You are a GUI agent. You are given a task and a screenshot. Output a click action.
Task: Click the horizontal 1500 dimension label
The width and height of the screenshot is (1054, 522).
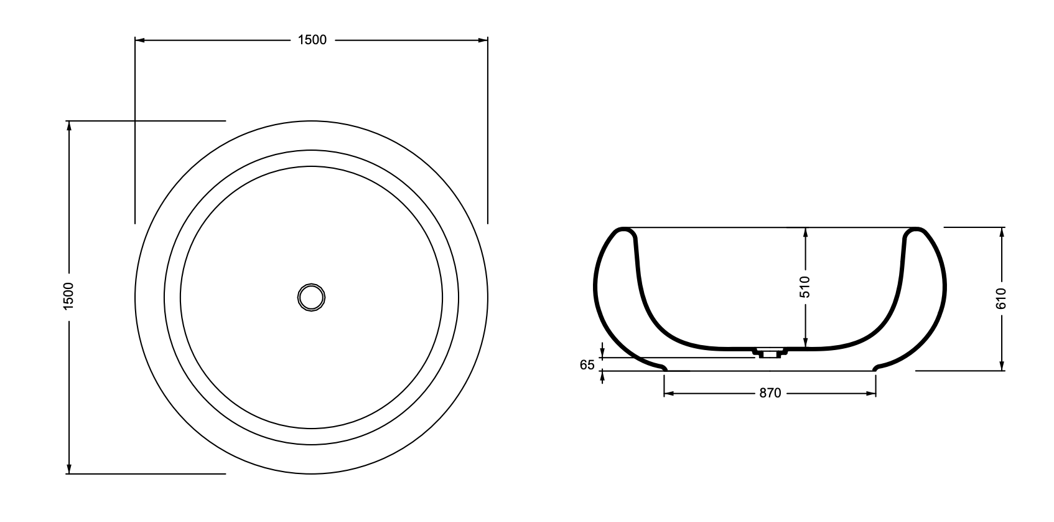[312, 40]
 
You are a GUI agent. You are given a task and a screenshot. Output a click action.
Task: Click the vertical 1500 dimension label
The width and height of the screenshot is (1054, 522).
[68, 297]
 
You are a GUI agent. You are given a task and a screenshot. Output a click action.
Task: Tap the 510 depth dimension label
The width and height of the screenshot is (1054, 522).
[805, 287]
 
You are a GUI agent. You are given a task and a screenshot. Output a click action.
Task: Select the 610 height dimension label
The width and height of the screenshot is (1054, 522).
[1001, 299]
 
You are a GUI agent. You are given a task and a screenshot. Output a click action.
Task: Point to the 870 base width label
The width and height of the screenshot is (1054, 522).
[770, 393]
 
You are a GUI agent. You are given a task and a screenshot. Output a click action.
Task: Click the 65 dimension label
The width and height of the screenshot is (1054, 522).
[587, 364]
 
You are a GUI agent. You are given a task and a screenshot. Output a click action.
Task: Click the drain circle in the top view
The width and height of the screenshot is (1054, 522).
[311, 297]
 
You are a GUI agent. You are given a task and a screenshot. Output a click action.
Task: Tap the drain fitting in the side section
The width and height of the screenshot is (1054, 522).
[769, 353]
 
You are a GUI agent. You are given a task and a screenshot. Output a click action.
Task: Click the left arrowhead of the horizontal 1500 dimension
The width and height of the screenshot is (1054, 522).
[140, 40]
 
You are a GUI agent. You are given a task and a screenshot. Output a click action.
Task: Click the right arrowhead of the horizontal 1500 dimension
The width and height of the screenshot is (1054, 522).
[483, 40]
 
